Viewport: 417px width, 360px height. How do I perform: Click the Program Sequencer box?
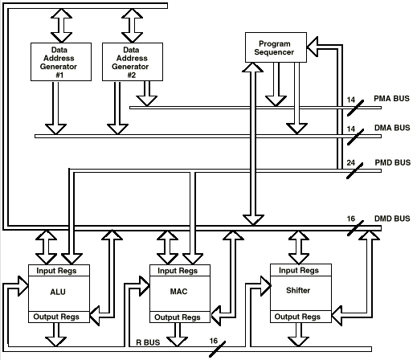click(x=276, y=47)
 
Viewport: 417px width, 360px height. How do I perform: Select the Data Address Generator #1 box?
click(x=61, y=62)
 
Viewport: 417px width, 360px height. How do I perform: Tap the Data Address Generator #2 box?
click(x=133, y=62)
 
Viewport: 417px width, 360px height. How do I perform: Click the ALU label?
click(x=58, y=292)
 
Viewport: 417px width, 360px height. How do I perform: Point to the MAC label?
click(x=178, y=291)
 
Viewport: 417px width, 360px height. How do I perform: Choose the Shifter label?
click(x=298, y=290)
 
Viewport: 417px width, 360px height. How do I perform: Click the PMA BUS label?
click(x=391, y=99)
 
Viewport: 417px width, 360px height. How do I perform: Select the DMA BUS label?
click(x=392, y=128)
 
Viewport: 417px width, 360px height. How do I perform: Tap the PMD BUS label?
click(x=393, y=162)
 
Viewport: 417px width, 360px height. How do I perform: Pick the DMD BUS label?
click(x=392, y=219)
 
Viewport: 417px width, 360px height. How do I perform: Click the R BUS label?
click(x=148, y=342)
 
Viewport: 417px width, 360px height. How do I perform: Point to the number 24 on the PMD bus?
click(x=351, y=162)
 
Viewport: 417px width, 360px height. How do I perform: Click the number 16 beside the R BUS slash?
click(x=214, y=341)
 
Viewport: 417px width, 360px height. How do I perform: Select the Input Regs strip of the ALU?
click(x=59, y=271)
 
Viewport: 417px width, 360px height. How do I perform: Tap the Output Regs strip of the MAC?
click(x=180, y=317)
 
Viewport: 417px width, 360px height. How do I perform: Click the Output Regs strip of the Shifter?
click(x=300, y=317)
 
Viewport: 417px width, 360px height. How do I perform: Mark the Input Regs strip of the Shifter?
click(x=300, y=270)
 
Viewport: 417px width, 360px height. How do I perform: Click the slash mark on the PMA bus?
click(x=355, y=108)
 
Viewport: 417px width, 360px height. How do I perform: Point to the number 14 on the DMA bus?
click(x=351, y=129)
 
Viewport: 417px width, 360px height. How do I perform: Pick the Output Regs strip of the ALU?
click(x=59, y=317)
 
